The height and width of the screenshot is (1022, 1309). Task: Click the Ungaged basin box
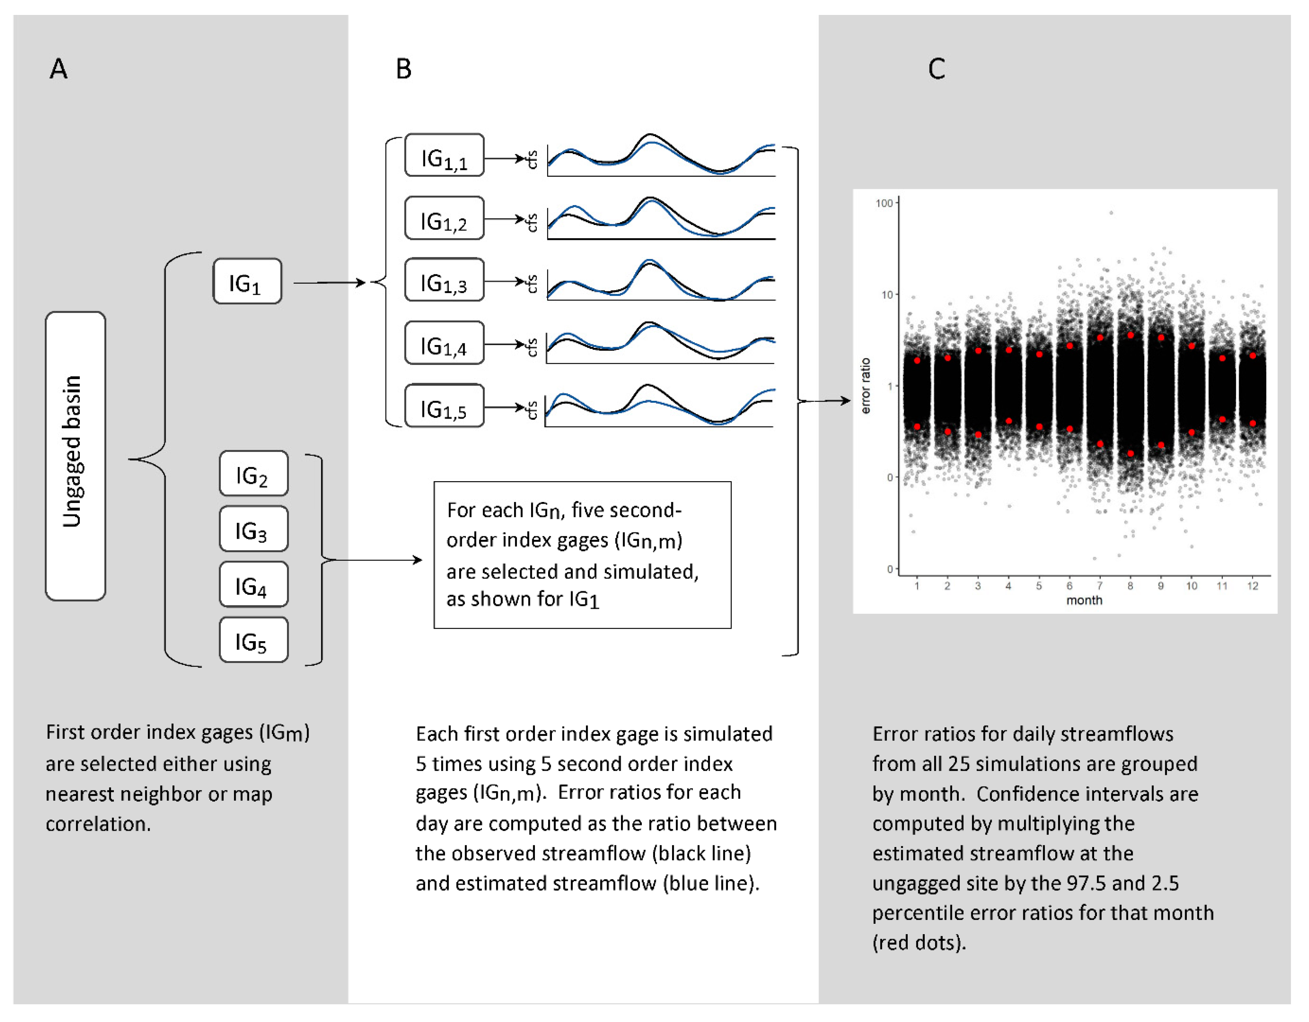(x=76, y=455)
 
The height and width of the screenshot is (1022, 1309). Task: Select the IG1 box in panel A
(x=247, y=281)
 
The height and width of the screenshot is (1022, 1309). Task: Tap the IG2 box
(x=253, y=474)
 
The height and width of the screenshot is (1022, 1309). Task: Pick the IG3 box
(x=253, y=529)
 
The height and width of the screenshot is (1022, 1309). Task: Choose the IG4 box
(x=253, y=585)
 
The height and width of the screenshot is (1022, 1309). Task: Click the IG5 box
(x=253, y=640)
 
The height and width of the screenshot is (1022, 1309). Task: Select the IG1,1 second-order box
(x=444, y=155)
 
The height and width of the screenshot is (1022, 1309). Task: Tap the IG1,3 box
(x=444, y=279)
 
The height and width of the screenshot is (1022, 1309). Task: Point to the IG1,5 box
(x=444, y=406)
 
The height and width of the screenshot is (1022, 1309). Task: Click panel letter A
(x=58, y=69)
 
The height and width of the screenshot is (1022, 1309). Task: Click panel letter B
(x=403, y=69)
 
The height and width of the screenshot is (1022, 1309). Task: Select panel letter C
(x=936, y=69)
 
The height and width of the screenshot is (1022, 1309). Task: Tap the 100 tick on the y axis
(x=884, y=203)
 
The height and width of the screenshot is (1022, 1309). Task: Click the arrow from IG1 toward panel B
(x=330, y=282)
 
